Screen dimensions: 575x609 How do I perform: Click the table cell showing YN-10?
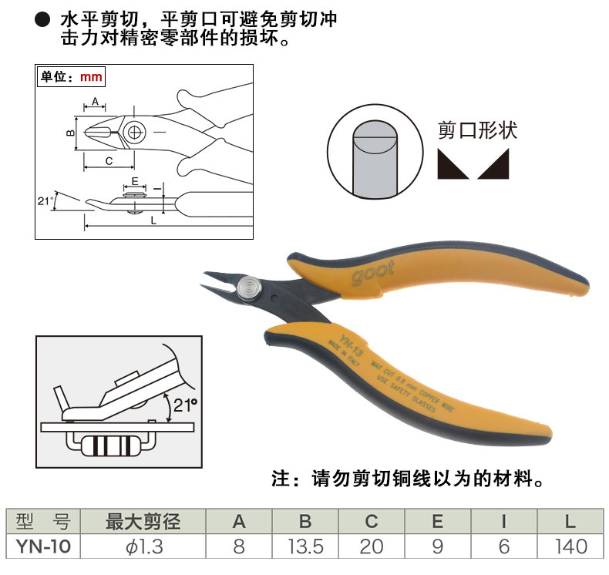[x=42, y=547]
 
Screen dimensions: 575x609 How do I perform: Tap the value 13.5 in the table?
[x=304, y=547]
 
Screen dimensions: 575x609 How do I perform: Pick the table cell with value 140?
[x=570, y=547]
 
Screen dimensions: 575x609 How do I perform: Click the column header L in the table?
[x=570, y=522]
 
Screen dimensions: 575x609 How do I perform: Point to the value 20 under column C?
[x=371, y=547]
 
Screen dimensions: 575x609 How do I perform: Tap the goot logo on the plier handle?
[x=373, y=274]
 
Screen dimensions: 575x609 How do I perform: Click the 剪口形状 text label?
[x=477, y=129]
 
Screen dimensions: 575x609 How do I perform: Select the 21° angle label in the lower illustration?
[x=186, y=403]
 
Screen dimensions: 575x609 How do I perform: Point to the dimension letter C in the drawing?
[x=109, y=160]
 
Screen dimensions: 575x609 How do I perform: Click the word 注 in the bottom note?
[x=281, y=479]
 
